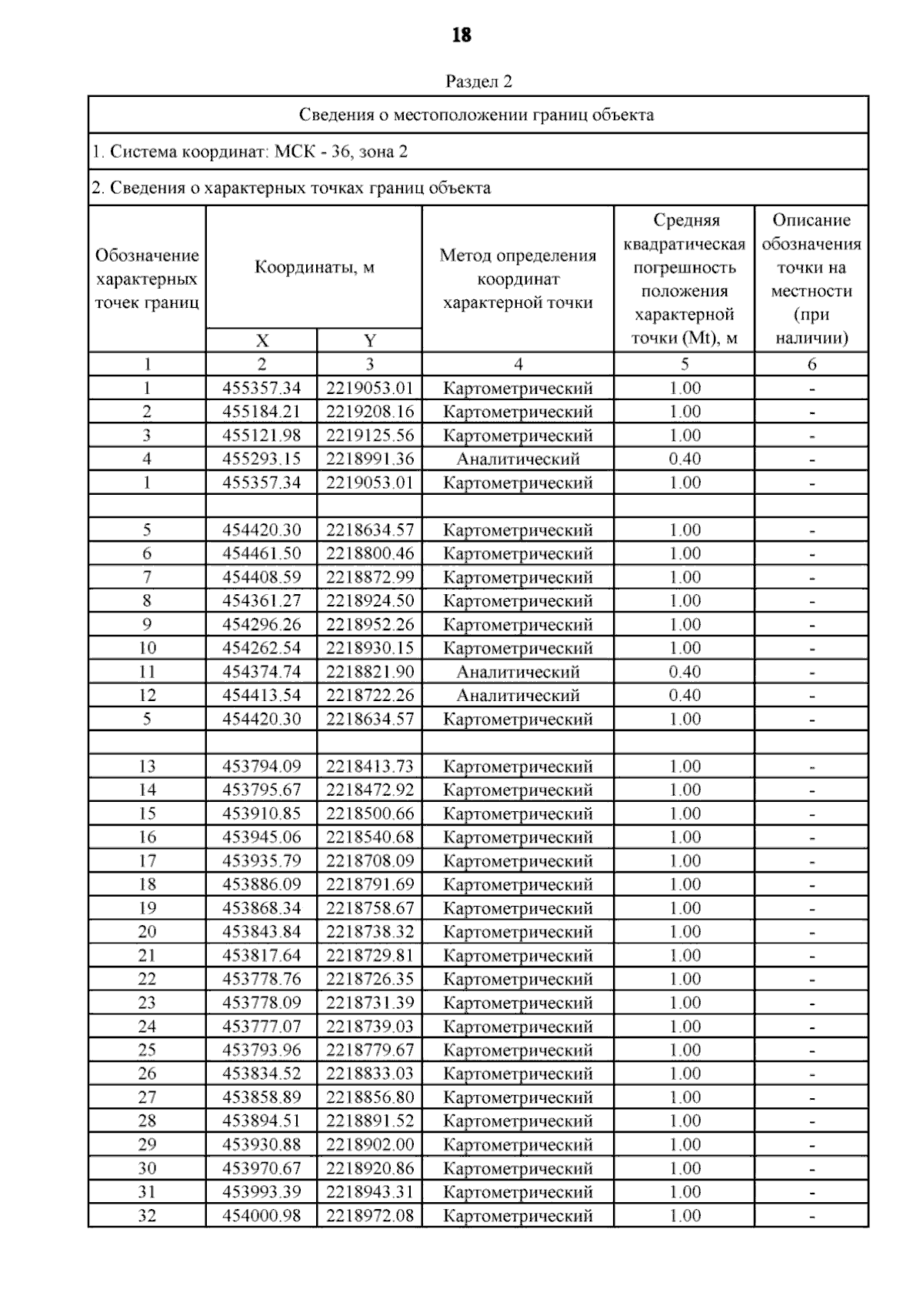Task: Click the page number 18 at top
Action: (461, 35)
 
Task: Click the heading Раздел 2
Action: (478, 82)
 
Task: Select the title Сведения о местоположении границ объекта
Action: (477, 115)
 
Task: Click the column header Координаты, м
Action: (315, 268)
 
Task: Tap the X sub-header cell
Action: (262, 341)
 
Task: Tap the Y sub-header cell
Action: (369, 341)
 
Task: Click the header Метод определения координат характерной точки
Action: (518, 279)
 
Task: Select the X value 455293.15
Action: (262, 459)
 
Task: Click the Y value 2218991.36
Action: (369, 459)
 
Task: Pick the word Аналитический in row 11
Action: (518, 672)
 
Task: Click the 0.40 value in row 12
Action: (685, 696)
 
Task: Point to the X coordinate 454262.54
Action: (262, 648)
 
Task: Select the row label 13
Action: (147, 767)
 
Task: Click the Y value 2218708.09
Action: (369, 861)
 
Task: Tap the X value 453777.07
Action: (262, 1027)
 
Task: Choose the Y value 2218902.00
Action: (369, 1144)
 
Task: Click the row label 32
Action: (147, 1216)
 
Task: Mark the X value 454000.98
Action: (262, 1216)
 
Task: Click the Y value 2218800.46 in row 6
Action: (369, 553)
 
